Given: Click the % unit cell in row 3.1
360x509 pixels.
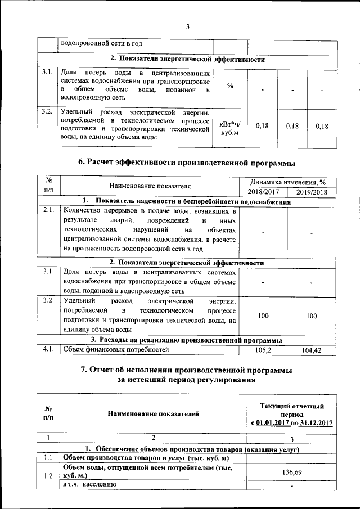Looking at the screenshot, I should tap(230, 86).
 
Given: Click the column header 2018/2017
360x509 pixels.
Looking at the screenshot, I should tap(263, 192).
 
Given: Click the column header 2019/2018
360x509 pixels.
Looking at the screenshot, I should tap(311, 192).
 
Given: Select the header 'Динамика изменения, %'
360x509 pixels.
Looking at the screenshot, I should tap(287, 182).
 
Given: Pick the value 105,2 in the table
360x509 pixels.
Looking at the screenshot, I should tap(263, 350).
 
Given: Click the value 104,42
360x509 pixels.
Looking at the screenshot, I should tap(311, 350).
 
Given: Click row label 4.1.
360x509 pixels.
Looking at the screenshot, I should tap(48, 349).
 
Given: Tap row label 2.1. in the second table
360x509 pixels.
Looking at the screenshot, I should tap(48, 210).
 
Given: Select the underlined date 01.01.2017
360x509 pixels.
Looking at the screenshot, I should tap(272, 423).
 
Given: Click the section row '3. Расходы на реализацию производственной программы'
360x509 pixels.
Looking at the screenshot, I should tap(186, 340).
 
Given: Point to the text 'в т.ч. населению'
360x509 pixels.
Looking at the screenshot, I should tap(89, 484).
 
